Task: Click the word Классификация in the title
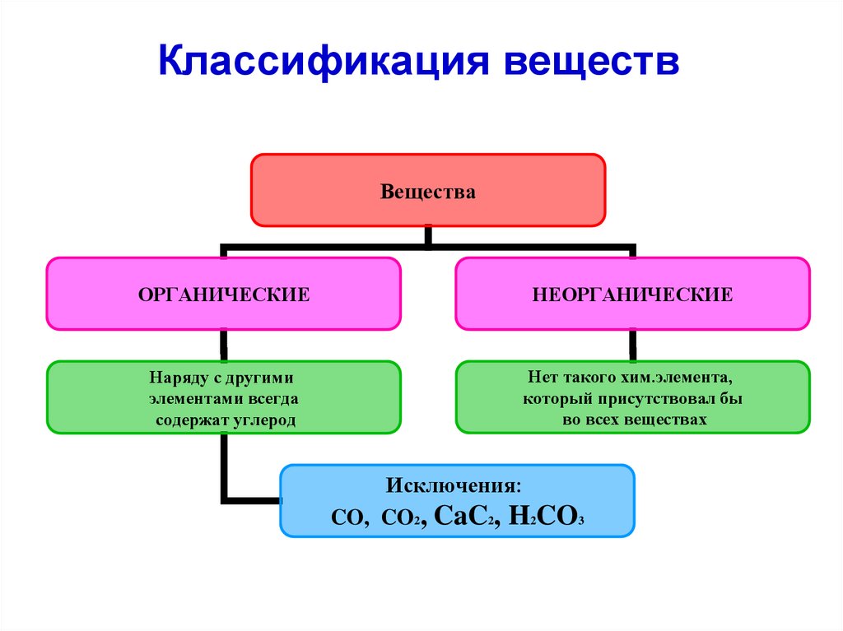[323, 63]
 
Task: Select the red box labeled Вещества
[428, 191]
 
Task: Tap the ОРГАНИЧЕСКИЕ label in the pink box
[223, 294]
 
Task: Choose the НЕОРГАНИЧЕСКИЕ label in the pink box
[632, 294]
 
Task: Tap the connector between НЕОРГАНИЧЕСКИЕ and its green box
[632, 345]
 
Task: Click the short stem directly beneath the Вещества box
[428, 235]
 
